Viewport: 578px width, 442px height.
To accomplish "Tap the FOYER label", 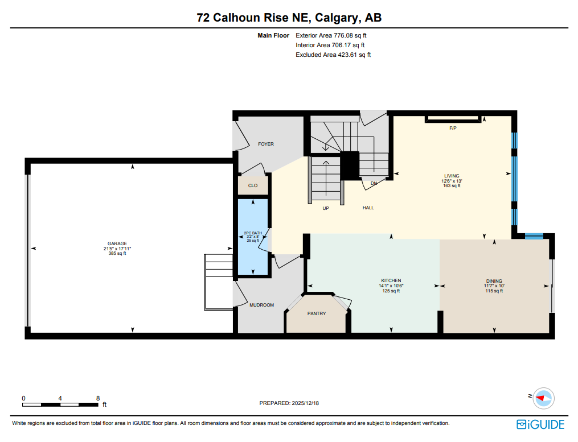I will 266,144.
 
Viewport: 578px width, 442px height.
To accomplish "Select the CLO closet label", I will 253,185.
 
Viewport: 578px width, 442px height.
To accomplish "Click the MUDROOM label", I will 261,305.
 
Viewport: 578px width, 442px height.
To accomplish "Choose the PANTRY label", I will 317,313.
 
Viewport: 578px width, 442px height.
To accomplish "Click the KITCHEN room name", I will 391,280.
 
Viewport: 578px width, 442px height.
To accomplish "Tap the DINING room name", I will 494,281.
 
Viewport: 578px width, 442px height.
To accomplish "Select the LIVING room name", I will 452,176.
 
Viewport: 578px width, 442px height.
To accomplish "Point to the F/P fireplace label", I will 453,128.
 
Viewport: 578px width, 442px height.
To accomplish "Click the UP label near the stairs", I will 326,208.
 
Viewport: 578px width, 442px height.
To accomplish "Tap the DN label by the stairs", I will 374,183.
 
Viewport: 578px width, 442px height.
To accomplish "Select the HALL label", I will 368,208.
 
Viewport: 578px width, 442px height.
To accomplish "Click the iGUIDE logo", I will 540,424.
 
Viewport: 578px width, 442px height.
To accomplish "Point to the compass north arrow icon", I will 544,397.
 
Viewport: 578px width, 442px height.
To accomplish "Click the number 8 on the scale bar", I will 98,398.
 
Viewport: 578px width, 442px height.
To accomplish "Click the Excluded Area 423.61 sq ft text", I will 333,55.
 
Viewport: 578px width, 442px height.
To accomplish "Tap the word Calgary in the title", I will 336,18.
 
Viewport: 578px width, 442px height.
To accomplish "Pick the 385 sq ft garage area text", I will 117,254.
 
